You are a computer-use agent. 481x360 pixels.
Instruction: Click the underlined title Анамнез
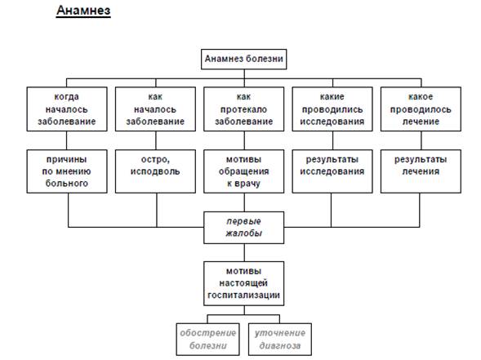[x=83, y=11]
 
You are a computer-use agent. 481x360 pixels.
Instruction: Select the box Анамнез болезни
[x=244, y=59]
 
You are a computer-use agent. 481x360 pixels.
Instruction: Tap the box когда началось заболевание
[x=67, y=109]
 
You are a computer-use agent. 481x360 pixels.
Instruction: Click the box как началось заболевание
[x=155, y=109]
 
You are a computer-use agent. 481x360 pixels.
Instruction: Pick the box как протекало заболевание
[x=244, y=109]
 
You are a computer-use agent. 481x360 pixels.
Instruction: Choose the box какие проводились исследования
[x=332, y=109]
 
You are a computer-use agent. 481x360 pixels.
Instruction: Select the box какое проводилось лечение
[x=421, y=109]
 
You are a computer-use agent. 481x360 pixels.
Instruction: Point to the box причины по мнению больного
[x=67, y=171]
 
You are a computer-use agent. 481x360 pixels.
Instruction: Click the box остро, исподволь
[x=155, y=171]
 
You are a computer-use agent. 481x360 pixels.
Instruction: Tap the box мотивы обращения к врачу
[x=244, y=171]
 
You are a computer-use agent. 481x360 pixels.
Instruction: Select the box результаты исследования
[x=332, y=171]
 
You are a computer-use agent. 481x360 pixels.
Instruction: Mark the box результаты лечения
[x=421, y=171]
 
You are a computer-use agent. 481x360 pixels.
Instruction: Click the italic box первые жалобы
[x=244, y=228]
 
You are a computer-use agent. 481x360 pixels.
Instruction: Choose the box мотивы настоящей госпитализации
[x=244, y=283]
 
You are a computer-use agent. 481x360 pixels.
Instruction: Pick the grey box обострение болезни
[x=208, y=339]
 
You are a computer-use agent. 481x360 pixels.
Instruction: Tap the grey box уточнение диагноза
[x=280, y=339]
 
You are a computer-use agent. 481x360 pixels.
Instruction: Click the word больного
[x=67, y=183]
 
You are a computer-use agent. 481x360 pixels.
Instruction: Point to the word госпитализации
[x=244, y=295]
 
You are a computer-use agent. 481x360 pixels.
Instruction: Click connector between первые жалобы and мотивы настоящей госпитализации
[x=244, y=253]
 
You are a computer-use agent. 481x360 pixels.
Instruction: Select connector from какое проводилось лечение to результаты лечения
[x=421, y=140]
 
